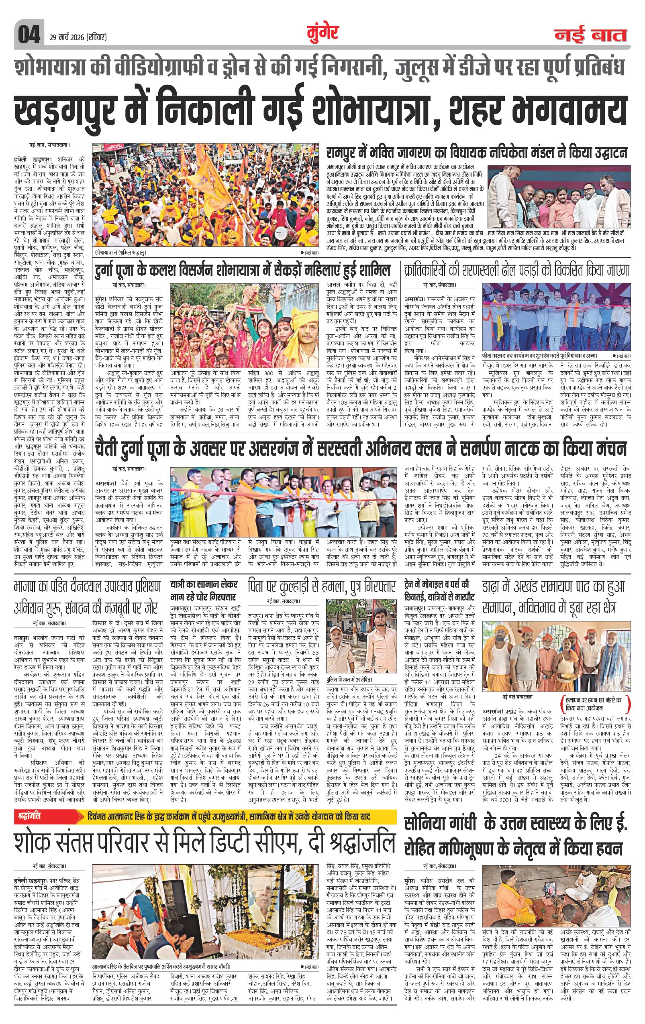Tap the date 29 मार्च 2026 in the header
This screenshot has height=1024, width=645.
coord(76,37)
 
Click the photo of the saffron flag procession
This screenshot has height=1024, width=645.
coord(206,195)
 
